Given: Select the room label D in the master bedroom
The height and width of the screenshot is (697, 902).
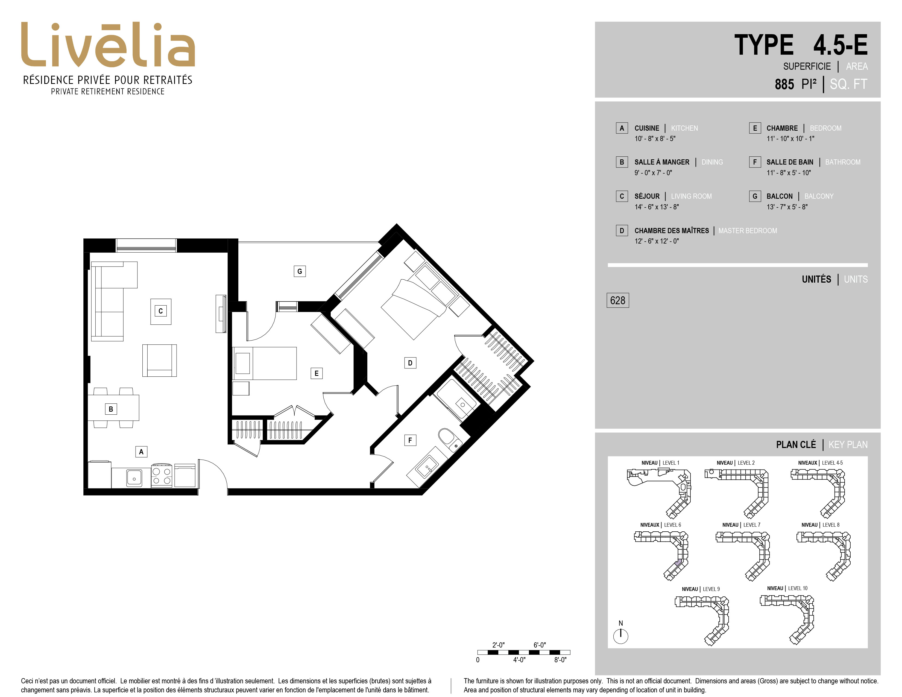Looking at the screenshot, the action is [x=410, y=363].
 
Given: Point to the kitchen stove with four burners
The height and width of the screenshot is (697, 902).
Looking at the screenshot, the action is [x=162, y=476].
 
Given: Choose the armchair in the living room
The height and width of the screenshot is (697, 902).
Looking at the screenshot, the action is [x=159, y=361].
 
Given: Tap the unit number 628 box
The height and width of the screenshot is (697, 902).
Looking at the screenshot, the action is [x=617, y=300].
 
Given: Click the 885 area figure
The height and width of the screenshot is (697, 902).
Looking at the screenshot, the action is [x=784, y=84].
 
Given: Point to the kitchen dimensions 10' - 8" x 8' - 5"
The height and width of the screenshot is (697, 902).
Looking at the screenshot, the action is [x=655, y=139].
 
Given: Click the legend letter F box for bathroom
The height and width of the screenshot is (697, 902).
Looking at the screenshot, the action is [x=755, y=162].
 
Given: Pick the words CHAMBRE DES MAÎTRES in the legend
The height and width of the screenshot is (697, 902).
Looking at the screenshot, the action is [x=672, y=230].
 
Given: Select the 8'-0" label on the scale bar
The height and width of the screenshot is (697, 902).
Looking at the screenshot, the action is [x=560, y=660].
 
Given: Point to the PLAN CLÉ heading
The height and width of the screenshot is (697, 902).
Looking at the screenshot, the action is [x=796, y=445].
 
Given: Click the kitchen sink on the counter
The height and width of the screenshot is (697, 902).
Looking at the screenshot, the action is [x=133, y=478].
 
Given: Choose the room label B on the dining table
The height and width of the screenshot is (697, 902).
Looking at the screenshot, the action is [x=111, y=409].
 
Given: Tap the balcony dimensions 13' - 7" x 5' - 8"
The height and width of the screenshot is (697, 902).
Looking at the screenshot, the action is [x=787, y=207].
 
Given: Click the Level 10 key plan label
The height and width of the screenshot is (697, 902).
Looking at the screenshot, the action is [x=787, y=588].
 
